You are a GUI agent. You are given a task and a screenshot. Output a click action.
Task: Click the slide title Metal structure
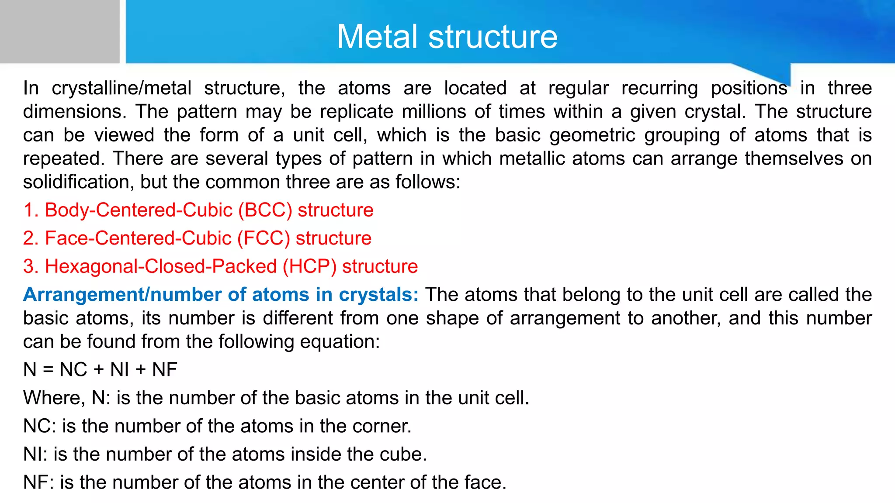(447, 37)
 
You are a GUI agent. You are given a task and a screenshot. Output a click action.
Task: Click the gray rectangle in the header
(59, 31)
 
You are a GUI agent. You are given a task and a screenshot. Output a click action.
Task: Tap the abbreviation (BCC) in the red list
(265, 210)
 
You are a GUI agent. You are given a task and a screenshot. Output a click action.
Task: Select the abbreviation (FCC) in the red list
(264, 238)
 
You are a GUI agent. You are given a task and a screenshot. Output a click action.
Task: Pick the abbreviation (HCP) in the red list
(309, 267)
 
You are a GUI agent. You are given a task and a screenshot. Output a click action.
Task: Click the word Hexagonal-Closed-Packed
(161, 267)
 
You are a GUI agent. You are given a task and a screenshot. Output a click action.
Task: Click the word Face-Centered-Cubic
(138, 238)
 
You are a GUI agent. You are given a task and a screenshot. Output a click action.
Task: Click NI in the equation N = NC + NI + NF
(119, 370)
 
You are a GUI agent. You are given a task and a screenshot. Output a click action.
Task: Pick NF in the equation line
(164, 370)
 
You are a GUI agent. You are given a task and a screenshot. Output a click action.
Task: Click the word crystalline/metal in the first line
(121, 89)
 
